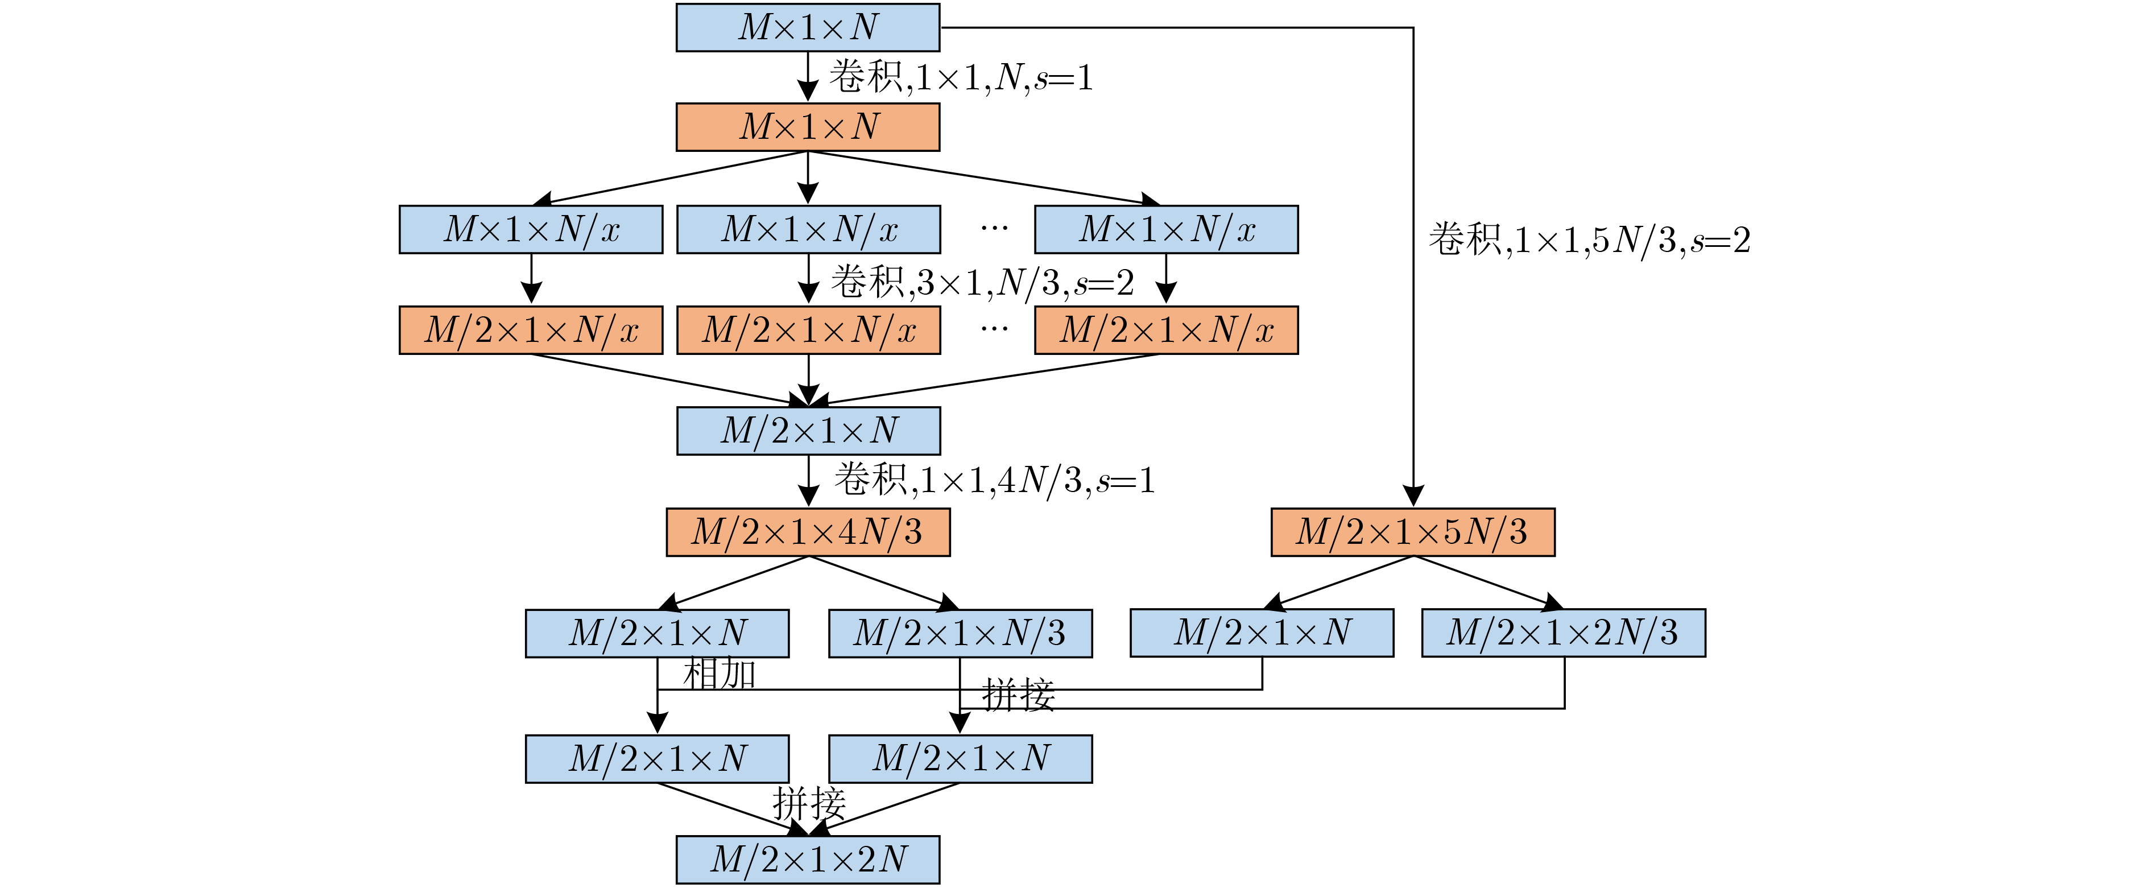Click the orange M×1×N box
point(808,127)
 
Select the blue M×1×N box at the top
point(808,27)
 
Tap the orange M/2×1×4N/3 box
point(808,532)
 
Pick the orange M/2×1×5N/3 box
point(1413,532)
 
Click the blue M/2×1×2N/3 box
point(1563,633)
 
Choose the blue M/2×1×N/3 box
point(961,634)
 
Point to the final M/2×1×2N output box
point(808,860)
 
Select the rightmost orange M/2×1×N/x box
point(1167,331)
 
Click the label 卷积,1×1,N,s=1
point(961,77)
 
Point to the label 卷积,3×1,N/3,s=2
point(982,283)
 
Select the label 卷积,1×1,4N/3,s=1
point(995,480)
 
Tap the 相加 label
point(720,674)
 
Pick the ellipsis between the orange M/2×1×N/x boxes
point(994,329)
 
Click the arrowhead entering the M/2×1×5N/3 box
point(1413,495)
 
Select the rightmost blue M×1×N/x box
point(1167,229)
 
